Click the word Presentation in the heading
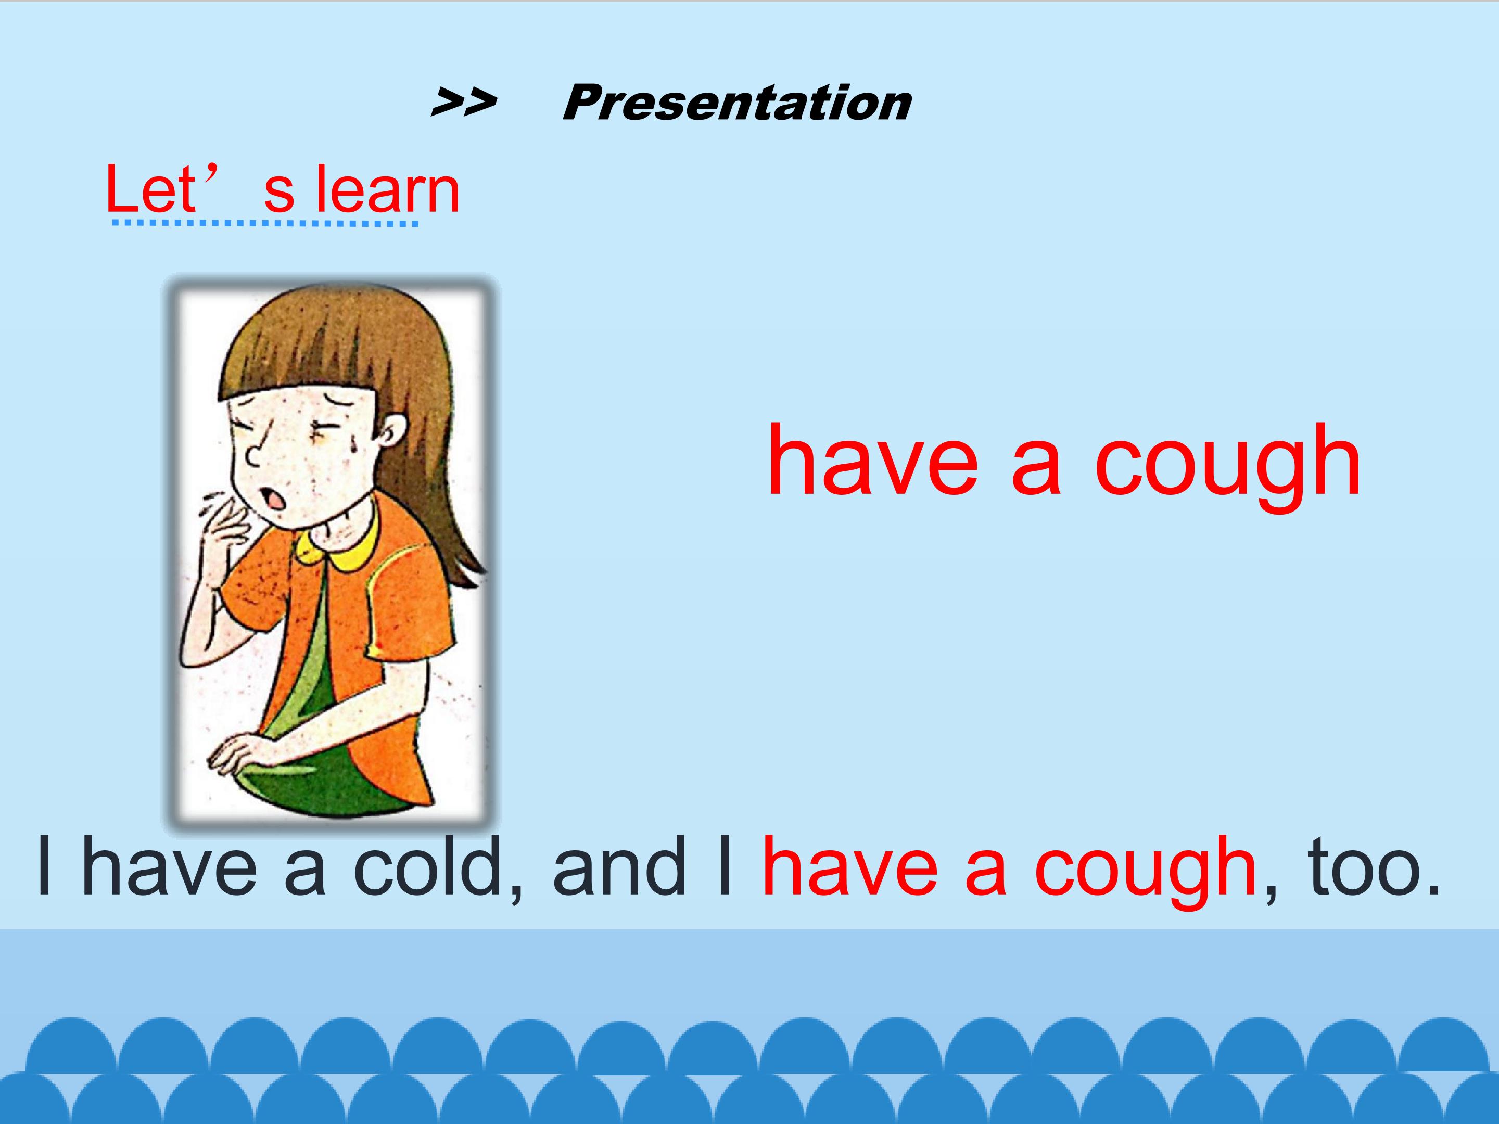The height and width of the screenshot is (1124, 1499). tap(736, 104)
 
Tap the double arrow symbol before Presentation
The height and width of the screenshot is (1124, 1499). tap(464, 103)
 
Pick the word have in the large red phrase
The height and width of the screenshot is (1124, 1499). tap(873, 461)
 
